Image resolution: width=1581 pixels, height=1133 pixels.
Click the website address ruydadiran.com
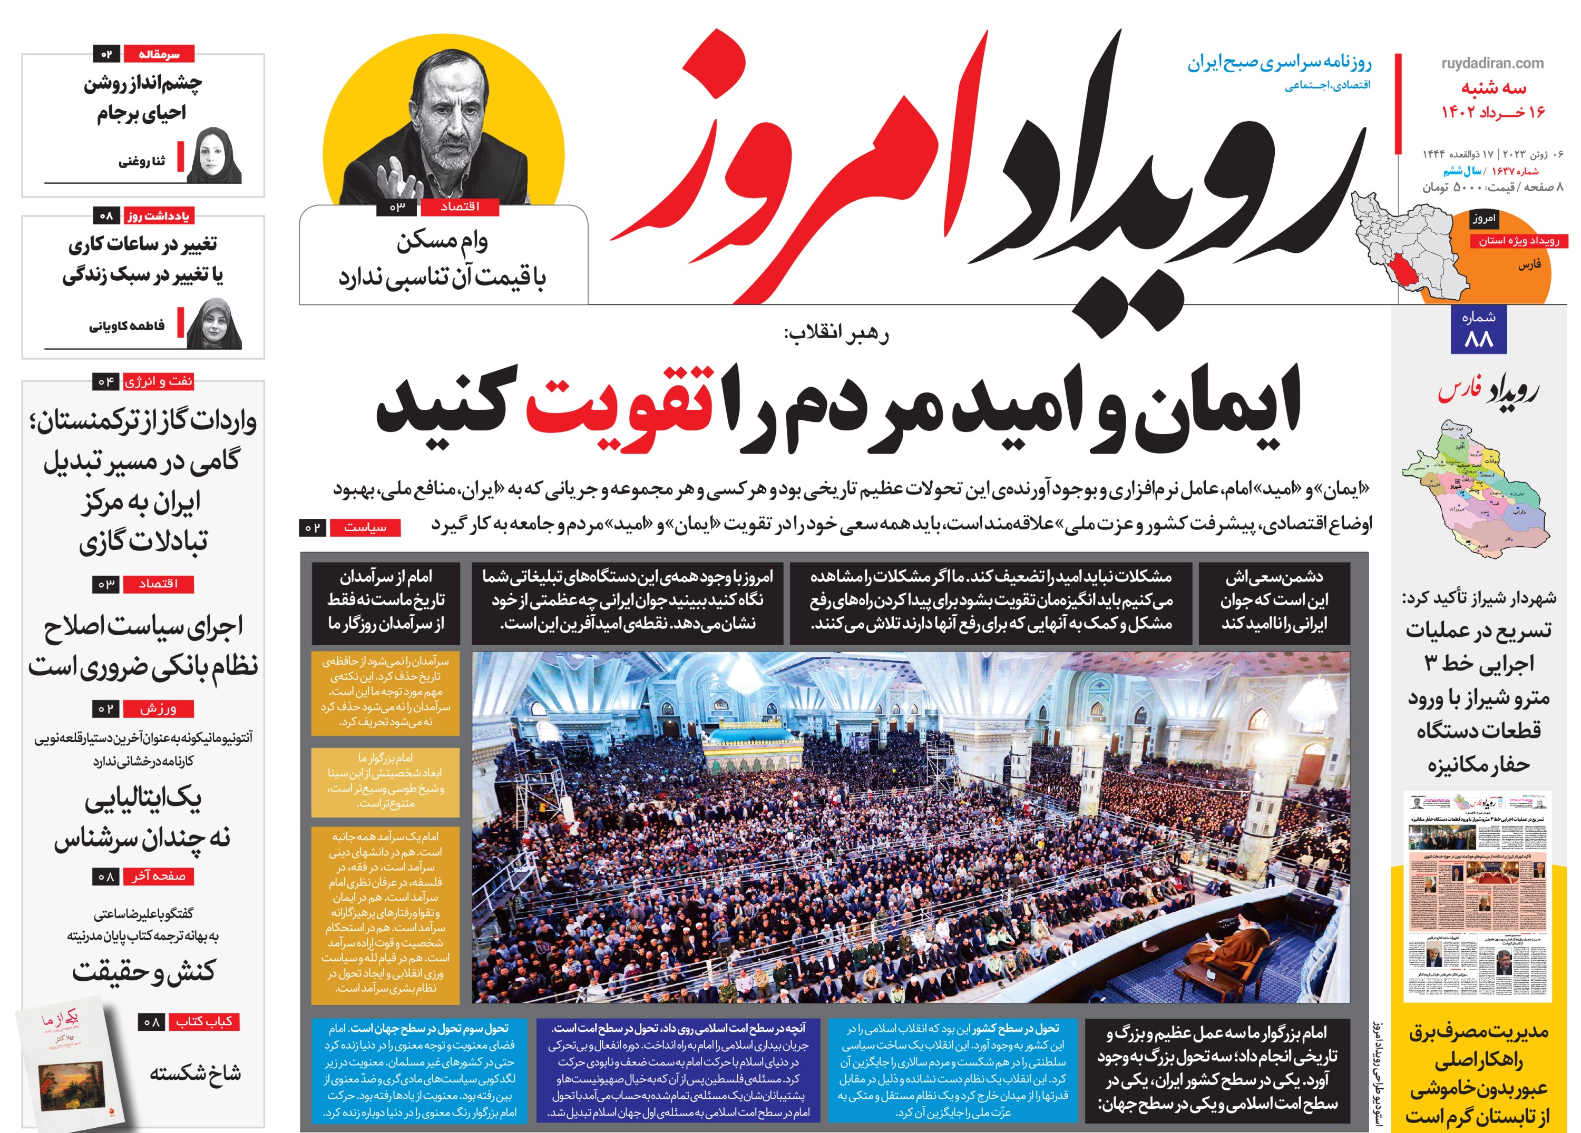pos(1492,63)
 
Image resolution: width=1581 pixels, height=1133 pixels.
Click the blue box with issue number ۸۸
pos(1479,329)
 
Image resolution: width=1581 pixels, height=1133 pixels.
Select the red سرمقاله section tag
pos(159,54)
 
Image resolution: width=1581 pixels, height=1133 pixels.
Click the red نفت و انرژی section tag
pos(158,381)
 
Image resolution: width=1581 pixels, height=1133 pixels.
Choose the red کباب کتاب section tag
pos(203,1021)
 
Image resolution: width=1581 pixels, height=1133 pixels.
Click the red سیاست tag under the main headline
pos(365,527)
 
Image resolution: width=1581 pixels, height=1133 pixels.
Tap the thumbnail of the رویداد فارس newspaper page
pos(1477,895)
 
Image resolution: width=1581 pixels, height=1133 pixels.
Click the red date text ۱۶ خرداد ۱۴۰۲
pos(1493,112)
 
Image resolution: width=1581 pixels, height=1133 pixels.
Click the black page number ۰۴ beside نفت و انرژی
pos(106,381)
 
